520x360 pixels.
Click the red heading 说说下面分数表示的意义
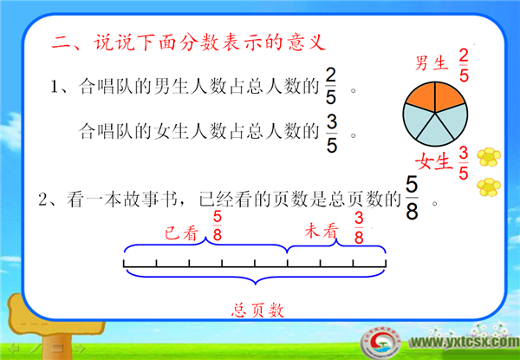click(x=209, y=43)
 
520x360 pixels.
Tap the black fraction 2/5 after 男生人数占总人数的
click(x=331, y=88)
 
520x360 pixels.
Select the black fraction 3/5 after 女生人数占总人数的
click(x=332, y=134)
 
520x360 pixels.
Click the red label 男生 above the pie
click(x=432, y=62)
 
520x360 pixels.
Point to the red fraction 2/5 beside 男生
click(x=464, y=66)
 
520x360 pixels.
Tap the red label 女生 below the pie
click(x=434, y=161)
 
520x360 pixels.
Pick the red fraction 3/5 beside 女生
click(x=464, y=163)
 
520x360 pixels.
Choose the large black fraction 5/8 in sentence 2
click(x=412, y=198)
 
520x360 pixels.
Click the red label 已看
click(x=181, y=233)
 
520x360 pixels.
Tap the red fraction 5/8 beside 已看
click(x=217, y=226)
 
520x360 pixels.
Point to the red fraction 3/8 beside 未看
click(x=359, y=228)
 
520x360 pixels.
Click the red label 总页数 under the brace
click(x=258, y=311)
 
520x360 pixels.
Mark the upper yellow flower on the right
click(x=489, y=157)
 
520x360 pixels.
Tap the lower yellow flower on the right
click(x=489, y=187)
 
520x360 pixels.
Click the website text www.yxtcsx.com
click(x=465, y=342)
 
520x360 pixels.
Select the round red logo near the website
click(x=380, y=342)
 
